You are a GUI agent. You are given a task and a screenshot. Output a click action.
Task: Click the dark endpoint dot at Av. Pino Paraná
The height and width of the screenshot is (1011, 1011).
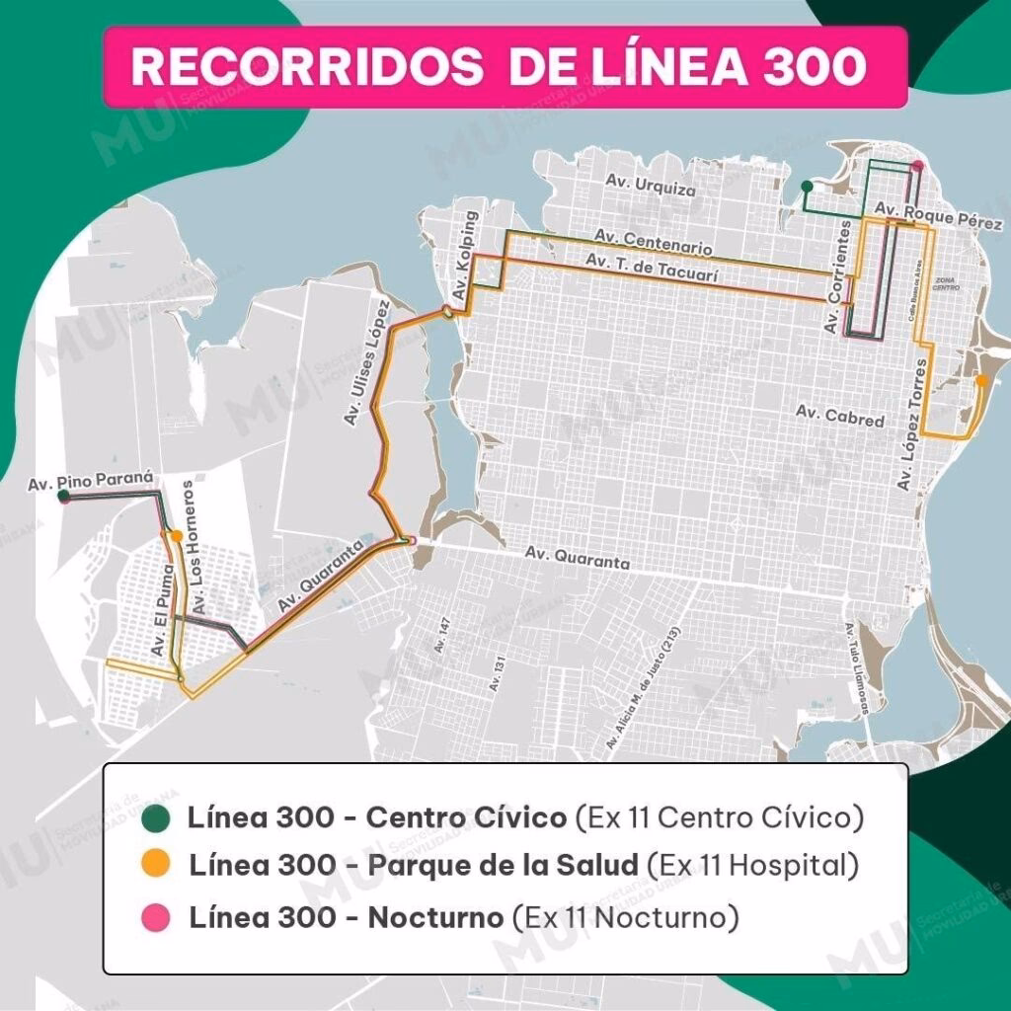pos(63,499)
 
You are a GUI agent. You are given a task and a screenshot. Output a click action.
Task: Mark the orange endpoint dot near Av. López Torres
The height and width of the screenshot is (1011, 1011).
pos(980,379)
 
